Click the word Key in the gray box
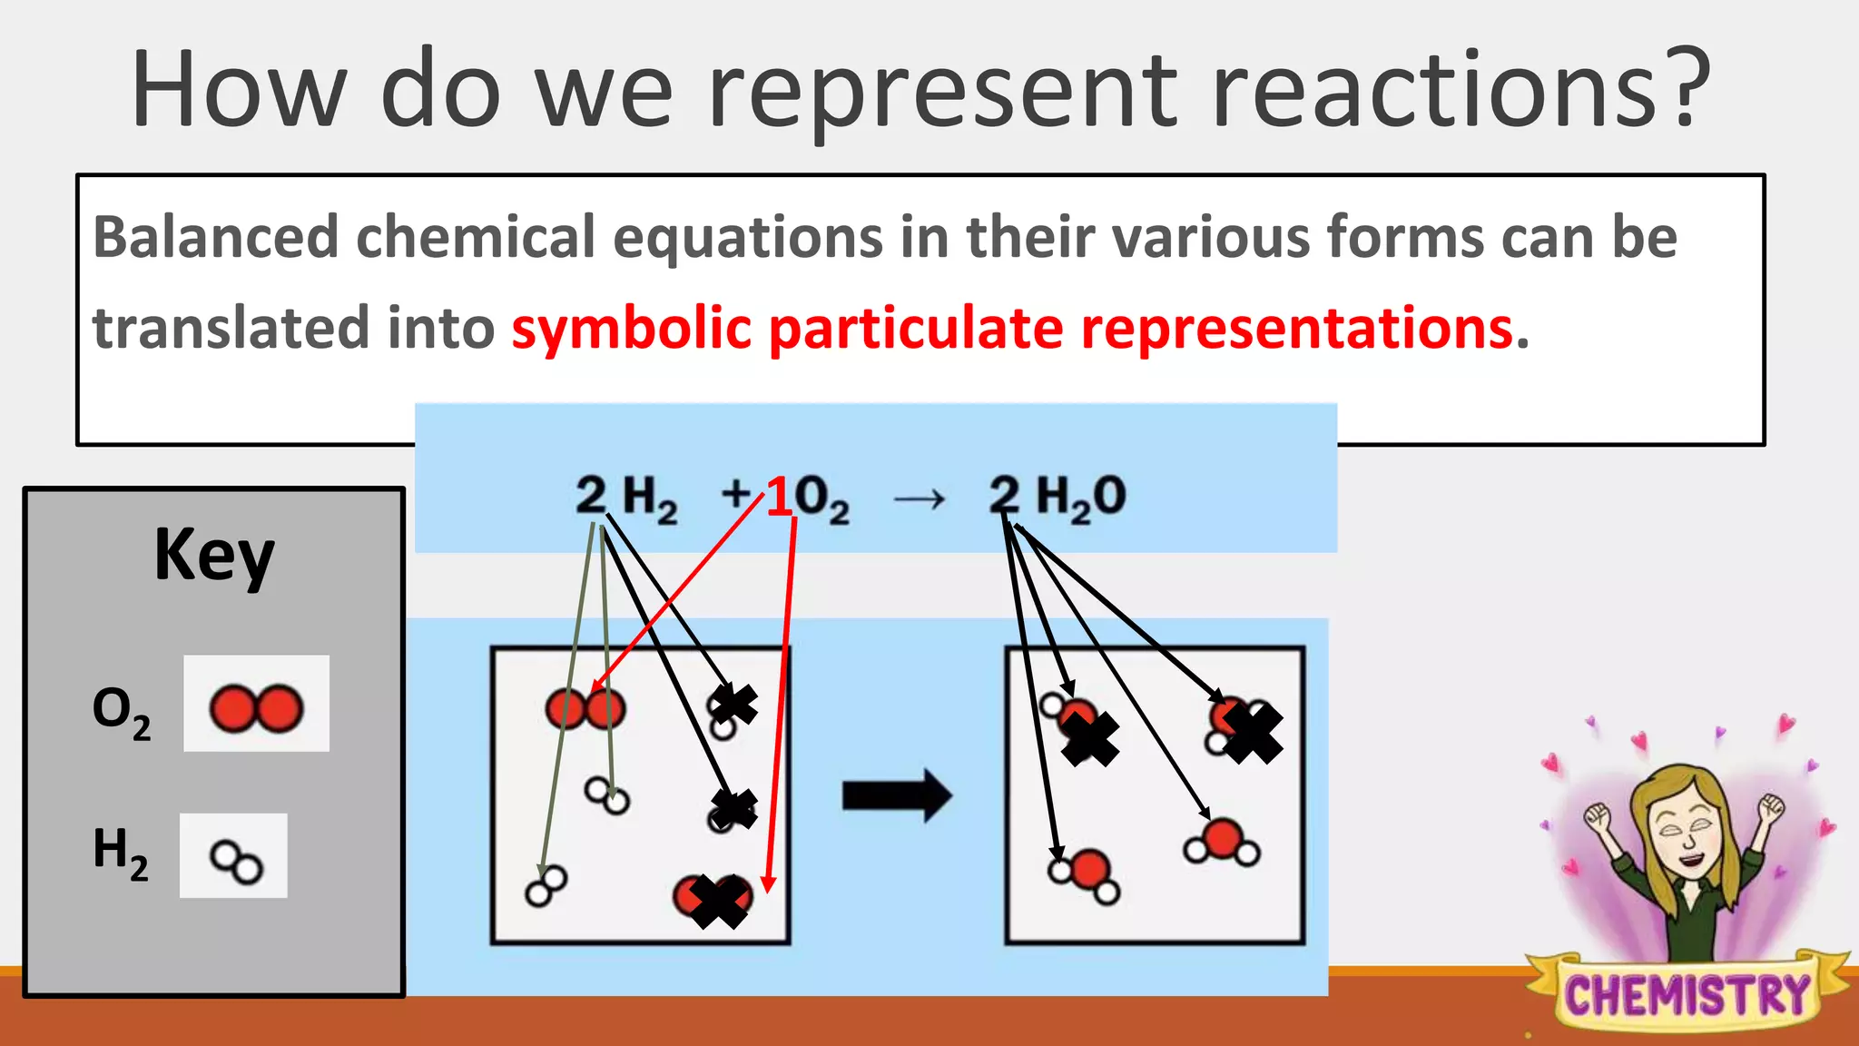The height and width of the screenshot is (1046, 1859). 214,555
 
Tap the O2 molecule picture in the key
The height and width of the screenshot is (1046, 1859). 256,708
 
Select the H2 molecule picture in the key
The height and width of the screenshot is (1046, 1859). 236,861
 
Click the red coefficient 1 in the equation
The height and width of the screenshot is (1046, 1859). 780,498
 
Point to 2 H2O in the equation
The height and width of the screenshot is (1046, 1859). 1057,498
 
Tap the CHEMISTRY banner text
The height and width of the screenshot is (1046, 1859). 1687,995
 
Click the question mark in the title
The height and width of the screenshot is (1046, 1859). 1688,89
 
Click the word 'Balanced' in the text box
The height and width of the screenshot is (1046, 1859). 215,237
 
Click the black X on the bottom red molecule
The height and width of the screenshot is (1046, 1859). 718,901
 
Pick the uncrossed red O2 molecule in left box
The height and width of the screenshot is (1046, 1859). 585,708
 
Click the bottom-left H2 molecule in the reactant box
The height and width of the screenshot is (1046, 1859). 546,885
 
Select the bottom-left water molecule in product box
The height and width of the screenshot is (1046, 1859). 1085,875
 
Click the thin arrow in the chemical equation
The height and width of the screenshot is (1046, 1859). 919,498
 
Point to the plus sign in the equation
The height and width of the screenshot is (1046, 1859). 736,495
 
